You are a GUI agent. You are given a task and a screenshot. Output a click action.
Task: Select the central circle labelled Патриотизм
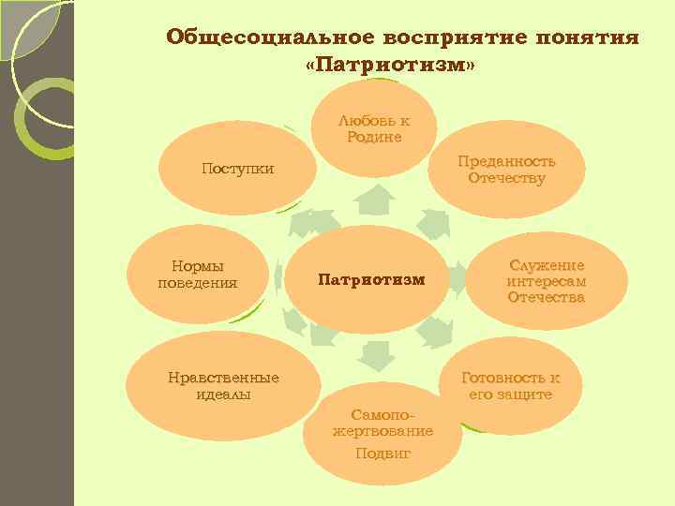click(x=371, y=279)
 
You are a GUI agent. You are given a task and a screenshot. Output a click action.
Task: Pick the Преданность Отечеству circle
click(x=506, y=170)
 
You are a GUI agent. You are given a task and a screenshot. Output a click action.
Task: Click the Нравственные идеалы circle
click(x=223, y=385)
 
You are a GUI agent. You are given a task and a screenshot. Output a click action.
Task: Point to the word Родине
click(x=374, y=137)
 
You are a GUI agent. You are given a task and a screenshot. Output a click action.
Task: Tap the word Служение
click(x=547, y=265)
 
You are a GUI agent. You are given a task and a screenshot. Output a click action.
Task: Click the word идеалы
click(x=223, y=394)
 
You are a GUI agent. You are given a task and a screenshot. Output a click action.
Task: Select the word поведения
click(x=198, y=282)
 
